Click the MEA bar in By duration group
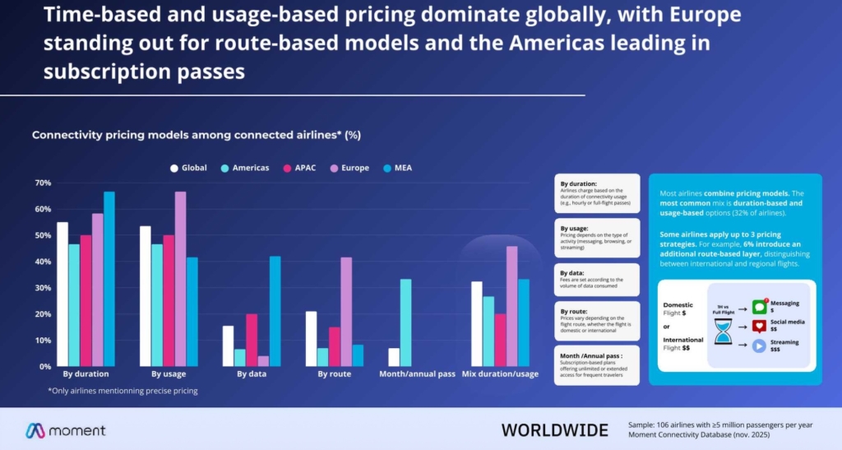click(x=109, y=279)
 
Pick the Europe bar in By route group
click(x=346, y=312)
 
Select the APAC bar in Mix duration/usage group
click(x=500, y=340)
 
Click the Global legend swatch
click(x=174, y=168)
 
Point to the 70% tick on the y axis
click(x=43, y=183)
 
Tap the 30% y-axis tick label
click(x=43, y=288)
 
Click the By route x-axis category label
click(x=335, y=374)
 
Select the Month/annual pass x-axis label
click(x=417, y=374)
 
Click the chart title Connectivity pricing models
click(x=196, y=134)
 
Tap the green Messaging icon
click(x=759, y=307)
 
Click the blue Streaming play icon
click(x=759, y=346)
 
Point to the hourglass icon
click(x=724, y=332)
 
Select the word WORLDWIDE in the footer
click(x=554, y=430)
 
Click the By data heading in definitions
click(x=573, y=272)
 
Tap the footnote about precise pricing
click(x=123, y=391)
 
